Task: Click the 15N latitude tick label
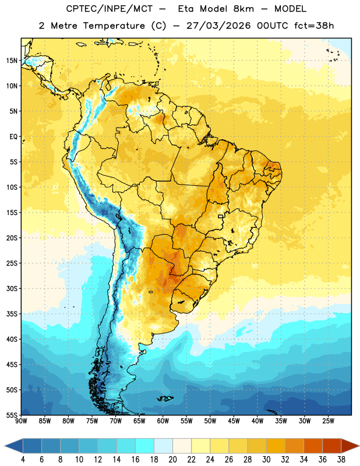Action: coord(12,61)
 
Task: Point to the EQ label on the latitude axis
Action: coord(13,137)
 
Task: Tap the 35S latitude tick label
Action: coord(12,314)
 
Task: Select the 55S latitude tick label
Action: coord(12,415)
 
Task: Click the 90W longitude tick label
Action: coord(21,421)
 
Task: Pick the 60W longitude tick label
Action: coord(163,421)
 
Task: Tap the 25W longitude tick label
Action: coord(328,421)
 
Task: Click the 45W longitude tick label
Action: coord(234,421)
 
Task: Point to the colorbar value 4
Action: coord(23,460)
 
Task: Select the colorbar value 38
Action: coord(341,460)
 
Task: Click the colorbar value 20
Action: coord(172,460)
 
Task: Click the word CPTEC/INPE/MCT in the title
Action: coord(109,9)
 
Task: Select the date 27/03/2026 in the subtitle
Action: coord(218,26)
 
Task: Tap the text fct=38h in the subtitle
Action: coord(314,26)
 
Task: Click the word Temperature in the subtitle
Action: coord(114,26)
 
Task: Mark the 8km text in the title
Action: coord(243,9)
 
